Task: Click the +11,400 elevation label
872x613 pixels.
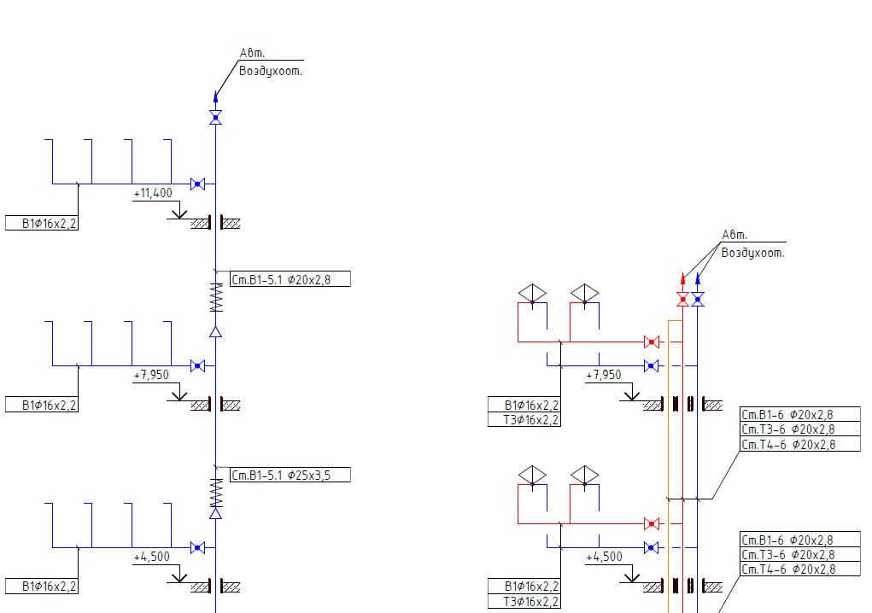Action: click(x=153, y=193)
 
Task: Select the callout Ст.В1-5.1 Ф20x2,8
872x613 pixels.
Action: click(x=290, y=279)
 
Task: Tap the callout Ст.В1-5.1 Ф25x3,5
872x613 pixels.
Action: click(x=290, y=475)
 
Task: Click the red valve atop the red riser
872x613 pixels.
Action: click(x=683, y=300)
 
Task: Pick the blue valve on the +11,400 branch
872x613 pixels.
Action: click(x=197, y=184)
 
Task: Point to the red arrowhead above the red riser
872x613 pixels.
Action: click(x=683, y=279)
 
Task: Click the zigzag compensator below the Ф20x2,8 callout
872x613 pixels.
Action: click(x=216, y=297)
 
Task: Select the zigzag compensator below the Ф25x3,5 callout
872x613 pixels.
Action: click(x=216, y=493)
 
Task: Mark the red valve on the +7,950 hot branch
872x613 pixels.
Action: click(x=652, y=342)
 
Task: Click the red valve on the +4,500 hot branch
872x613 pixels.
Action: click(x=652, y=523)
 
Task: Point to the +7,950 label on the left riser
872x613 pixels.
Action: click(x=151, y=375)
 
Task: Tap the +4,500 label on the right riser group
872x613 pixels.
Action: click(x=604, y=557)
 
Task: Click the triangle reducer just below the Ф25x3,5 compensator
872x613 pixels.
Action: click(x=216, y=513)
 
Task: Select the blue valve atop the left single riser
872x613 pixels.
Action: click(x=216, y=117)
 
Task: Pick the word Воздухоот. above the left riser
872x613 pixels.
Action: click(x=270, y=71)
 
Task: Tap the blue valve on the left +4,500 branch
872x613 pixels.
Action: click(x=197, y=547)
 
